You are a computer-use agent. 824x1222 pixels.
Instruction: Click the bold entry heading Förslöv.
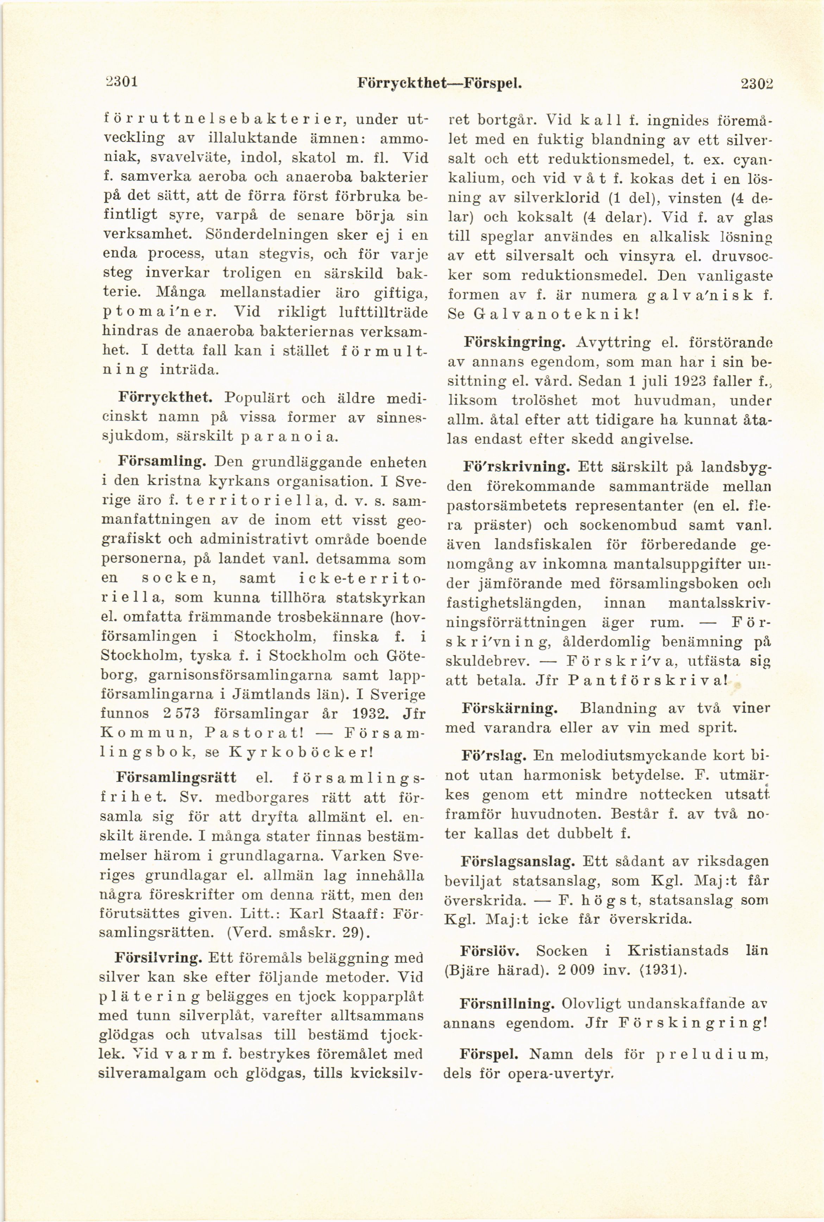click(x=490, y=951)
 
